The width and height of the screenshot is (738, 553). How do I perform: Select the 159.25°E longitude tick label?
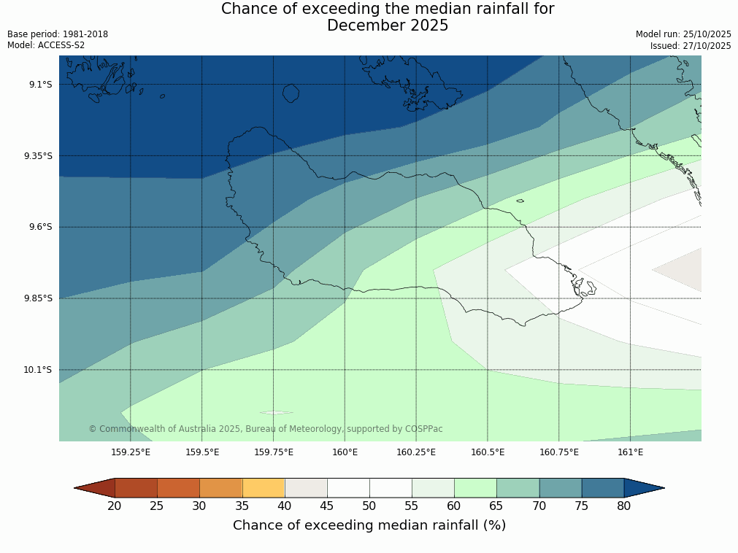pyautogui.click(x=131, y=452)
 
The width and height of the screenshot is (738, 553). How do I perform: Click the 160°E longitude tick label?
pyautogui.click(x=345, y=452)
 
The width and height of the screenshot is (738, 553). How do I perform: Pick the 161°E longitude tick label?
pyautogui.click(x=630, y=452)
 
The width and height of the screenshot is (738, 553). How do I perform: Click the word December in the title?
pyautogui.click(x=365, y=26)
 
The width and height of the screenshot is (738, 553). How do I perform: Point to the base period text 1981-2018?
pyautogui.click(x=85, y=34)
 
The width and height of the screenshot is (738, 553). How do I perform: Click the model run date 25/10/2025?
pyautogui.click(x=707, y=34)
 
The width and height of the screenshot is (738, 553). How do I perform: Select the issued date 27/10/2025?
pyautogui.click(x=707, y=45)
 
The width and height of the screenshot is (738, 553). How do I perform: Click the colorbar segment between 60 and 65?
pyautogui.click(x=475, y=488)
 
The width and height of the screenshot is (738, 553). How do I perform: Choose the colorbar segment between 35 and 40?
pyautogui.click(x=264, y=488)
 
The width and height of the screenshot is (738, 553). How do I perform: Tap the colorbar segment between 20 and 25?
pyautogui.click(x=136, y=488)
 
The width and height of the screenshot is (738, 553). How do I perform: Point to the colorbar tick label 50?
pyautogui.click(x=369, y=506)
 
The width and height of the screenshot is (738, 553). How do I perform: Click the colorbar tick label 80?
pyautogui.click(x=623, y=506)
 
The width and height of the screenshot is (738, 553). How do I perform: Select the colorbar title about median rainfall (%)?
pyautogui.click(x=369, y=525)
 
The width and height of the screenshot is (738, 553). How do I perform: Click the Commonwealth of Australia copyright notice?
pyautogui.click(x=266, y=429)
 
